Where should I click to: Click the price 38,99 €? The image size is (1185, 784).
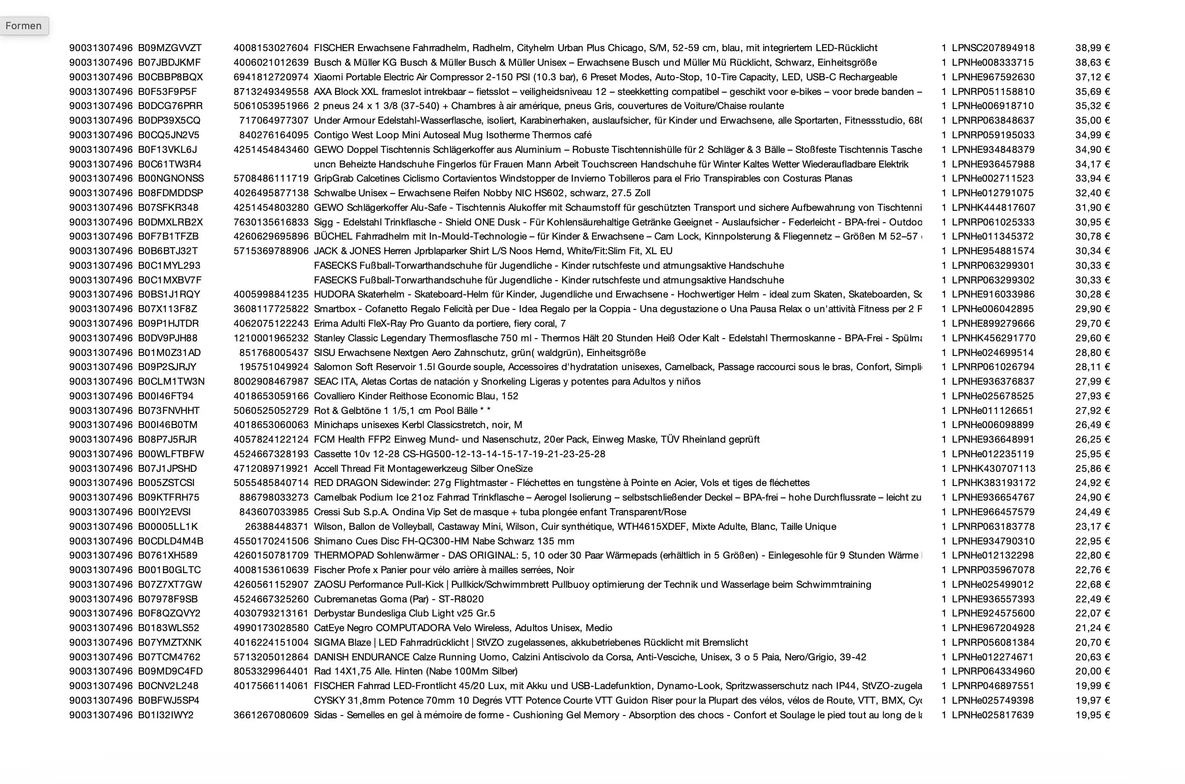(1092, 48)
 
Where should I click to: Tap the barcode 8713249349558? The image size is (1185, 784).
(271, 92)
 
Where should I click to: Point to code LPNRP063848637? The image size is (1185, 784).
(992, 120)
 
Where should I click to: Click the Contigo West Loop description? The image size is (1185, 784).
(452, 135)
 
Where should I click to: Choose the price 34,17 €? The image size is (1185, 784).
(1092, 164)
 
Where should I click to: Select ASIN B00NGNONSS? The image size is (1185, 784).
(171, 178)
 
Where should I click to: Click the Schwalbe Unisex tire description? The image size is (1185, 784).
(482, 193)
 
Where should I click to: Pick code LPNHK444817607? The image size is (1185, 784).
(993, 208)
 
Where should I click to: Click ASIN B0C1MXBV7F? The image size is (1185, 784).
(169, 280)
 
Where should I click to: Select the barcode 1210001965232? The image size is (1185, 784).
(271, 338)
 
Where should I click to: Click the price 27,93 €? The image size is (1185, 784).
(1092, 396)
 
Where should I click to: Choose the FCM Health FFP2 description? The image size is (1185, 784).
(536, 439)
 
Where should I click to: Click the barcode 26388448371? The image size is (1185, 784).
(277, 527)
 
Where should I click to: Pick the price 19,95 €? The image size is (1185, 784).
(1092, 715)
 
